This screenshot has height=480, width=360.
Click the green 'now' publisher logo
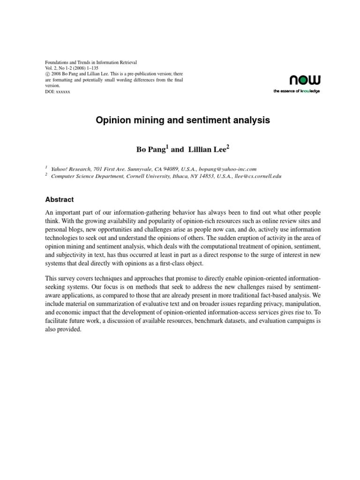[x=304, y=81]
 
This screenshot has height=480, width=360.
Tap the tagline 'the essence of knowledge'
[x=296, y=91]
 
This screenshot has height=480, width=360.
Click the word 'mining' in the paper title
[x=142, y=120]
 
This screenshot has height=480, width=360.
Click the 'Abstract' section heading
[x=59, y=199]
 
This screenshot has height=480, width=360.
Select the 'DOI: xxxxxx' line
[x=57, y=92]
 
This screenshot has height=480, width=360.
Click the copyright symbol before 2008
[x=46, y=74]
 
